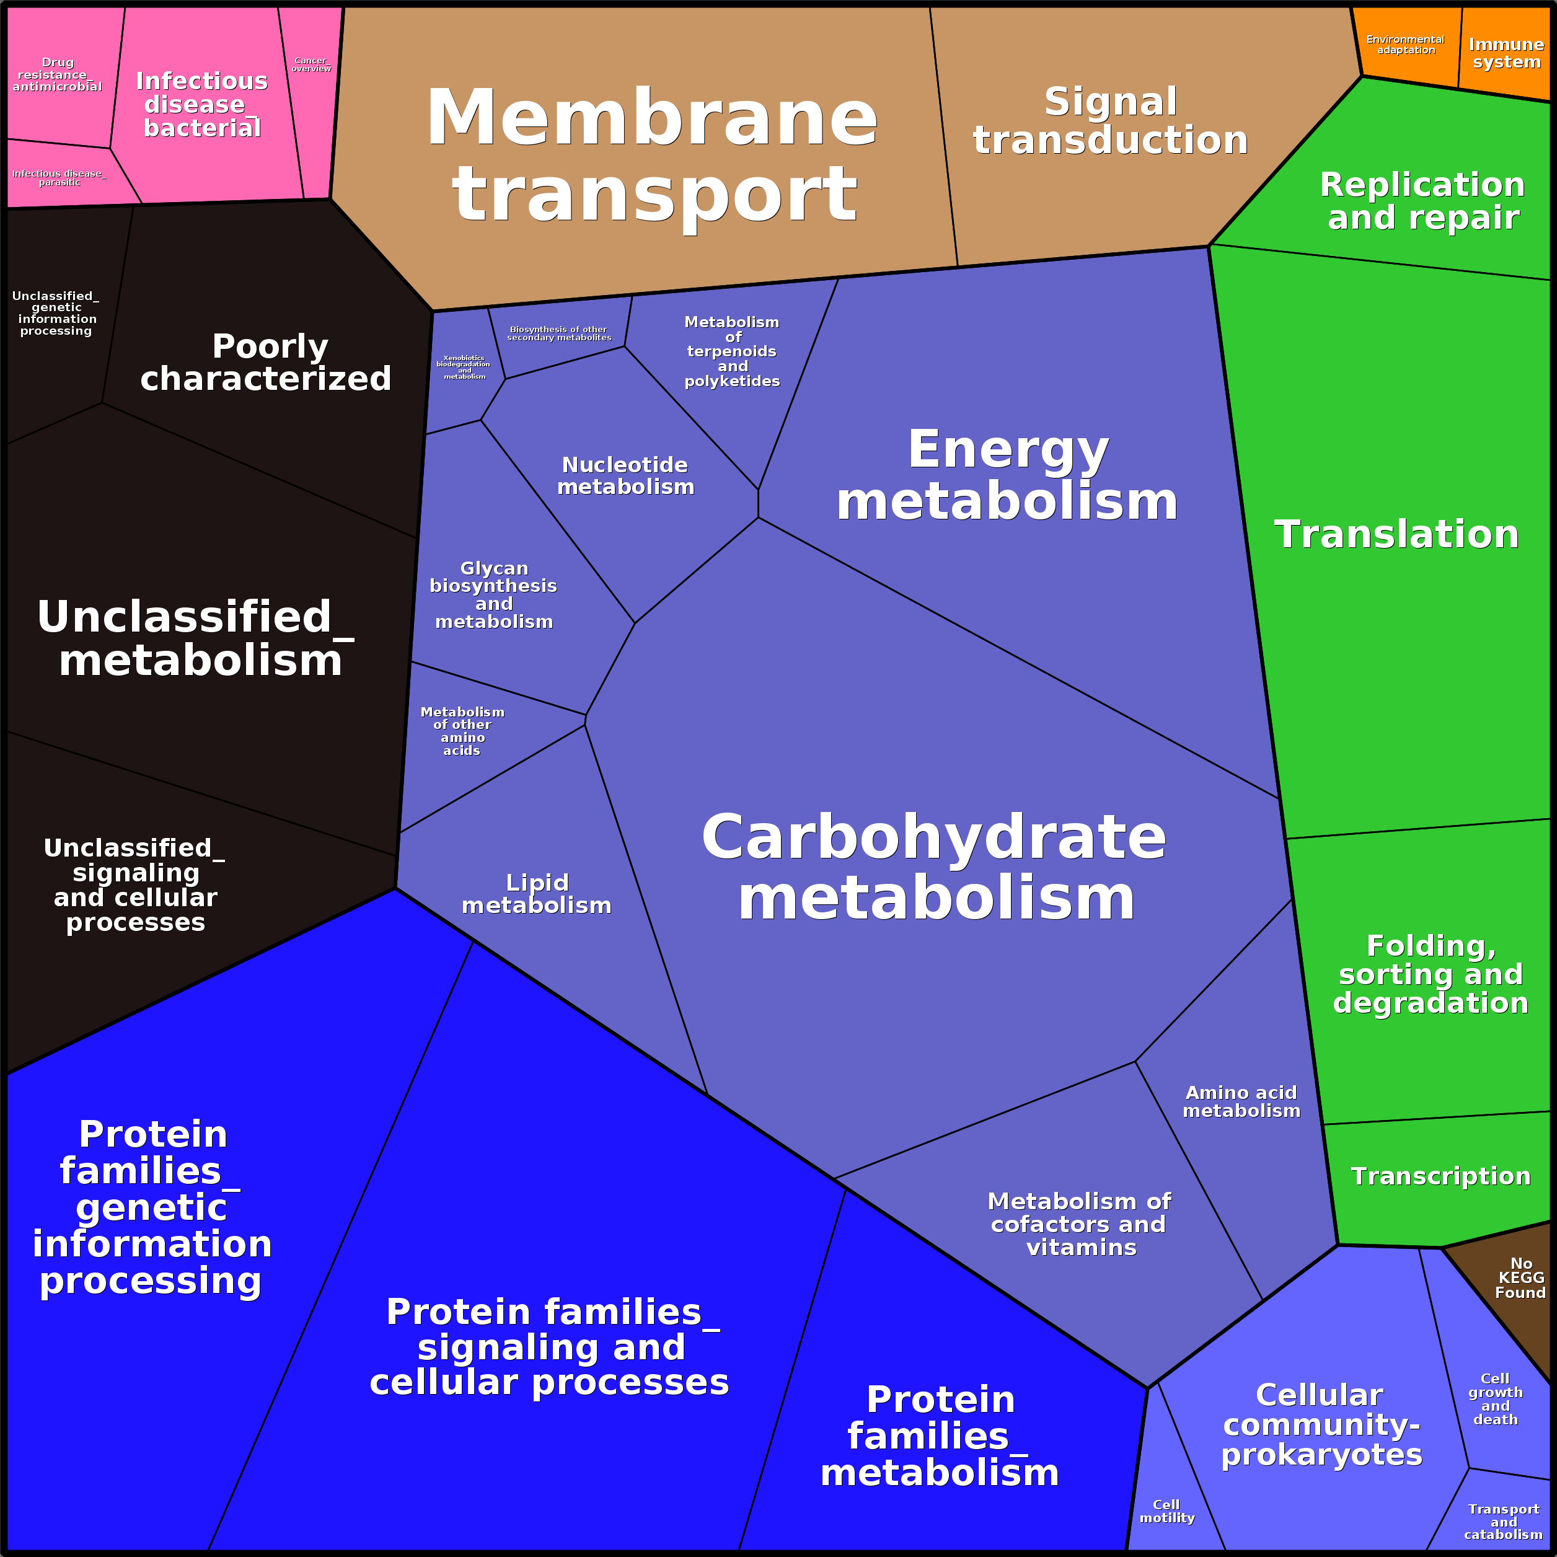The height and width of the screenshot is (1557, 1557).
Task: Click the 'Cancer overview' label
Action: [x=311, y=64]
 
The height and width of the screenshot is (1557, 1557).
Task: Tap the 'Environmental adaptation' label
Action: [x=1406, y=45]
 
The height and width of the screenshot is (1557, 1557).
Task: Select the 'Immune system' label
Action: [x=1506, y=53]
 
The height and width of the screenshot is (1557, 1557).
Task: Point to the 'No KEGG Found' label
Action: [x=1520, y=1277]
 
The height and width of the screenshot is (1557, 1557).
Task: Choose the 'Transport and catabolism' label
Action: [x=1503, y=1522]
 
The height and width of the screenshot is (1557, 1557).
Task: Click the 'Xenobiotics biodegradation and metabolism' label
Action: [x=464, y=367]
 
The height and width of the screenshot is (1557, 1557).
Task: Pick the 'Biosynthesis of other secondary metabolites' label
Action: [x=558, y=333]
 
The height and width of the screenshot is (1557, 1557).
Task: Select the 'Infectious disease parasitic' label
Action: [x=59, y=177]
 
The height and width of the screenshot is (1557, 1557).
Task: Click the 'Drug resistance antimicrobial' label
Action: [x=57, y=74]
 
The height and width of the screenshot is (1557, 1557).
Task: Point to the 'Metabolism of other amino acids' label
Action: [x=462, y=731]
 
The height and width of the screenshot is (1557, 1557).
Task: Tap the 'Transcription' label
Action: [x=1440, y=1176]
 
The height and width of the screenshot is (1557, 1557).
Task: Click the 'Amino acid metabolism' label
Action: [x=1241, y=1101]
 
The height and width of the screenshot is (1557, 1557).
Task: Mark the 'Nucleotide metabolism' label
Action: [x=625, y=475]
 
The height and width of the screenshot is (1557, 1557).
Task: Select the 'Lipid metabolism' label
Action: [x=537, y=894]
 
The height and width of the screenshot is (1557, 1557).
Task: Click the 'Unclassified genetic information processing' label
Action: [x=56, y=314]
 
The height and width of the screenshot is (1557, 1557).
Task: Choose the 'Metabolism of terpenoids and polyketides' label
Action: [x=732, y=351]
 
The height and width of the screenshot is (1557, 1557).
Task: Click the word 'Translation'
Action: [x=1396, y=534]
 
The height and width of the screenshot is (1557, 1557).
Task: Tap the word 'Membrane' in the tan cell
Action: [x=652, y=118]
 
